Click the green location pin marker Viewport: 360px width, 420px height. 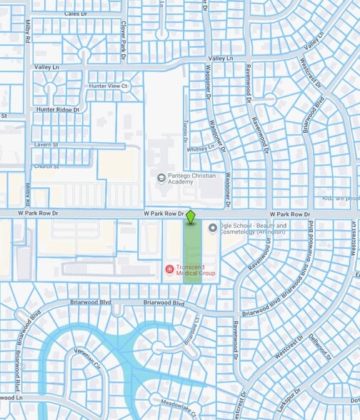[191, 215]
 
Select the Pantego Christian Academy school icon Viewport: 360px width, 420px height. [161, 178]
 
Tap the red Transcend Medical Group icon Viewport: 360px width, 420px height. [169, 269]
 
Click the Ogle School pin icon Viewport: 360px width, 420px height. [212, 228]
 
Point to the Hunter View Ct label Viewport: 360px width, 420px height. [107, 86]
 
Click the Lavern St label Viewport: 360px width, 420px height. [46, 144]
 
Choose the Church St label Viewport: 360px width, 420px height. [45, 166]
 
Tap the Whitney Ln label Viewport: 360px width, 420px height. [200, 149]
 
